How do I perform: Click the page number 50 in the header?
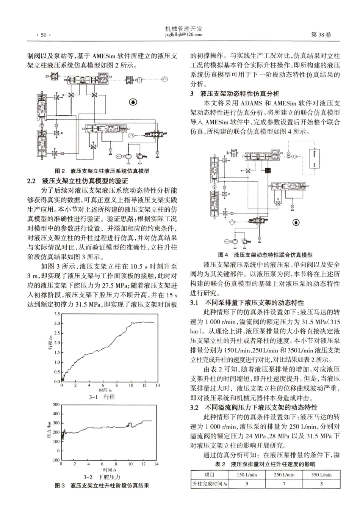pyautogui.click(x=43, y=35)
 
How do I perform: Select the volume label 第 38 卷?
pyautogui.click(x=321, y=35)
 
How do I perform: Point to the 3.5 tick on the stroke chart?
pyautogui.click(x=57, y=314)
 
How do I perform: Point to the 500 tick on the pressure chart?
pyautogui.click(x=56, y=404)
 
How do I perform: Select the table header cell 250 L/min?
pyautogui.click(x=284, y=474)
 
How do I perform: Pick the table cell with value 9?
pyautogui.click(x=247, y=484)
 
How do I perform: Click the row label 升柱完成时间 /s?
pyautogui.click(x=210, y=484)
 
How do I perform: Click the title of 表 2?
pyautogui.click(x=265, y=464)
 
